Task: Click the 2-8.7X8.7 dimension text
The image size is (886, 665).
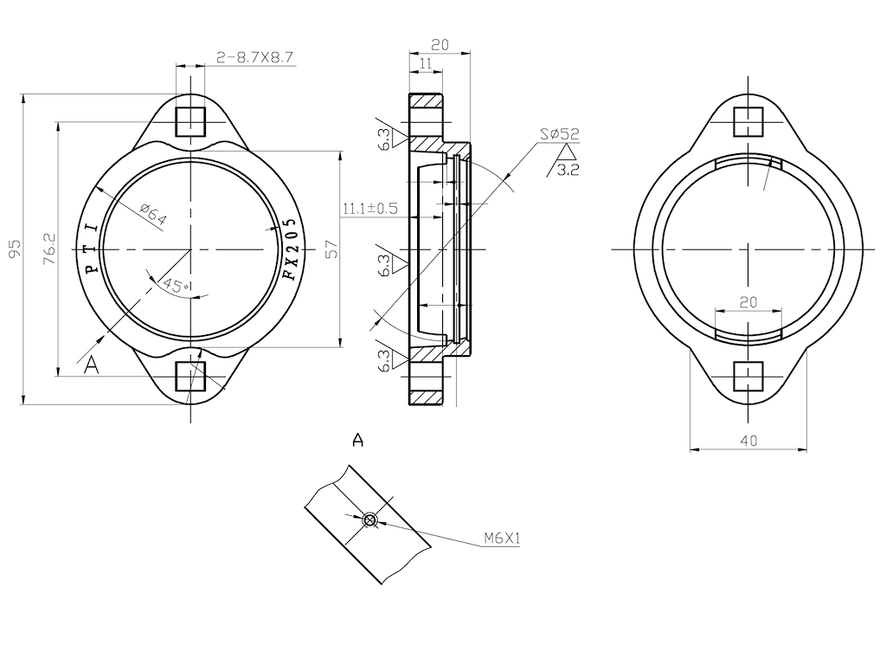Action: coord(255,58)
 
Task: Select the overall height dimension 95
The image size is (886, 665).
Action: coord(14,249)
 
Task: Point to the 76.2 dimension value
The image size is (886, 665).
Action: coord(49,249)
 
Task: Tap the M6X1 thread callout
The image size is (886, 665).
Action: coord(502,539)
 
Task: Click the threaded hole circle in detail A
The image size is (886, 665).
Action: coord(369,520)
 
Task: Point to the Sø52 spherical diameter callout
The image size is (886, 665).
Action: coord(559,134)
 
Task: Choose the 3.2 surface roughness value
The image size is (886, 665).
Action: coord(568,170)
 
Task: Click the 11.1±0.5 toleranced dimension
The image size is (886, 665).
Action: coord(370,209)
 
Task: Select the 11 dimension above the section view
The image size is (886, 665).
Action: coord(426,63)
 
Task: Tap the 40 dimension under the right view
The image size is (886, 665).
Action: coord(749,441)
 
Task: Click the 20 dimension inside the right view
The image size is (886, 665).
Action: coord(749,301)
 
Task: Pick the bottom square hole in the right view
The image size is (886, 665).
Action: coord(749,377)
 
